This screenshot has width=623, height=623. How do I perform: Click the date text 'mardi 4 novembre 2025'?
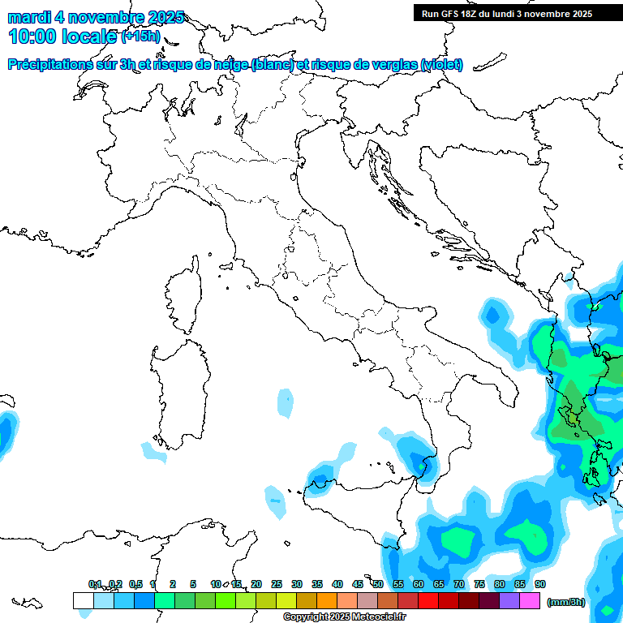tap(96, 17)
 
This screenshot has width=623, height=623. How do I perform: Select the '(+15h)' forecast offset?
tap(140, 36)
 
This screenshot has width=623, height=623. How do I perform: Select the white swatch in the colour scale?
tap(83, 600)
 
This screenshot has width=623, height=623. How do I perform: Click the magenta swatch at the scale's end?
tap(530, 600)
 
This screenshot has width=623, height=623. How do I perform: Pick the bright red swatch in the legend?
tap(428, 600)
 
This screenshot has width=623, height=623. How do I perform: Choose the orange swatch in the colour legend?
tap(327, 600)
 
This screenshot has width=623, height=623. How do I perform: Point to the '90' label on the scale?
tap(540, 584)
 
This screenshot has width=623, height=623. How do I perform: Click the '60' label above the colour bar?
tap(419, 584)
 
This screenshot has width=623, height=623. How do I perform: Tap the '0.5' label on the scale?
tap(135, 584)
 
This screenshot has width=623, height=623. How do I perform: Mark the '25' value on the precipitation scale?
tap(277, 584)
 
